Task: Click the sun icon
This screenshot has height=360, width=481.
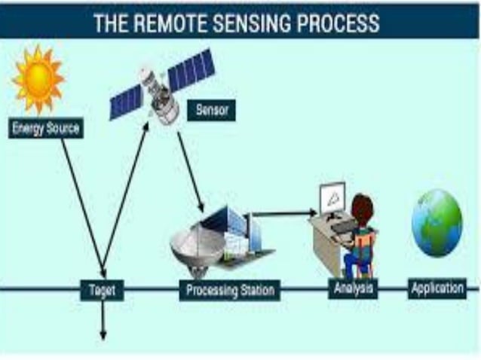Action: coord(38,80)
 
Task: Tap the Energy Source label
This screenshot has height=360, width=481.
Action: coord(46,128)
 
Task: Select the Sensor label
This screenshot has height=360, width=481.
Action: coord(211,110)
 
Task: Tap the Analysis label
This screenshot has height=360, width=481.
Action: coord(353,288)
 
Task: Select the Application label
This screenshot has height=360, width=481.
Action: coord(437,288)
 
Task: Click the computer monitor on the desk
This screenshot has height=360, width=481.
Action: coord(332,198)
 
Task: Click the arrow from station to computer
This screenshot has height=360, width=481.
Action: coord(283,214)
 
